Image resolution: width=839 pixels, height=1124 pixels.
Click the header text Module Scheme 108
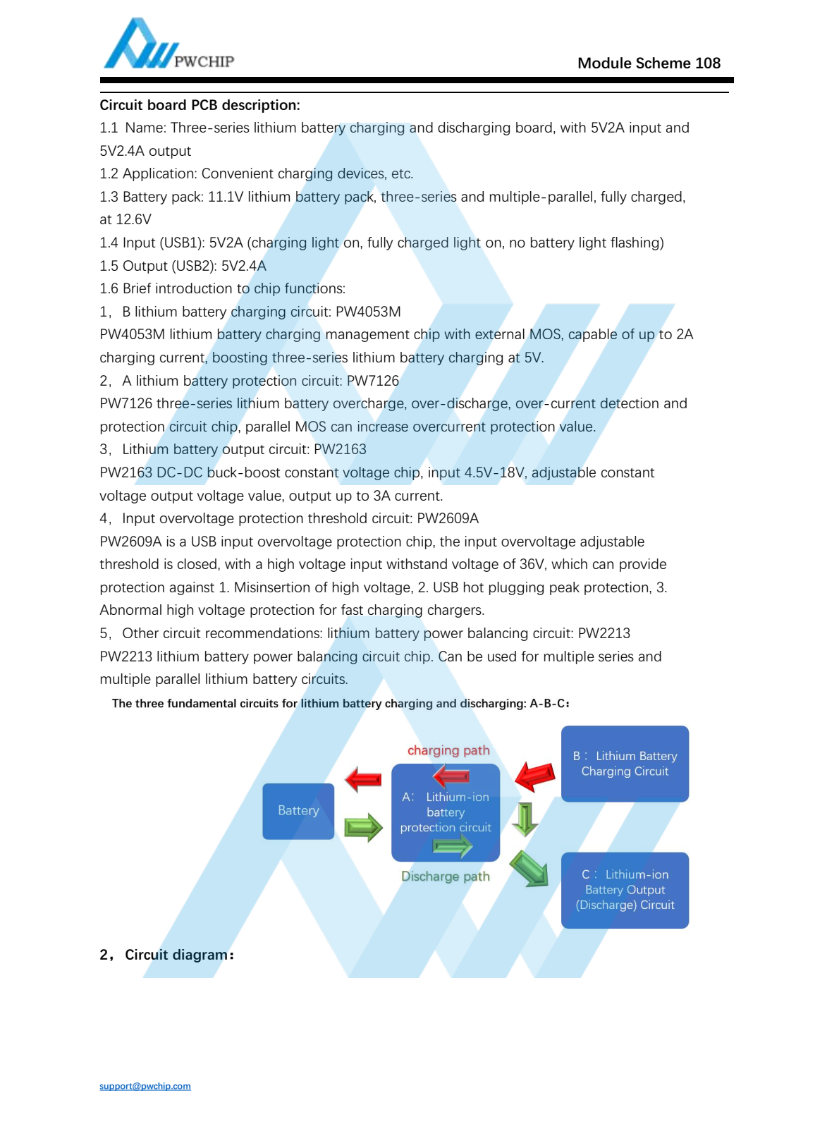649,63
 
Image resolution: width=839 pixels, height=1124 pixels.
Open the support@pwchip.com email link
145,1086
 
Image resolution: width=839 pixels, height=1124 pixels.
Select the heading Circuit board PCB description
200,105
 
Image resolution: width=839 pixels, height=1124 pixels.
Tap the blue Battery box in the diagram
298,811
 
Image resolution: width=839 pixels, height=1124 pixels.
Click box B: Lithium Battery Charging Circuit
625,764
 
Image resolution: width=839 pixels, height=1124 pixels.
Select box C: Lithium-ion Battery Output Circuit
625,890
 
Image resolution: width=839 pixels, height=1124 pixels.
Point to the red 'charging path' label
448,750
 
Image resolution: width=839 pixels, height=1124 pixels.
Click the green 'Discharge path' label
445,876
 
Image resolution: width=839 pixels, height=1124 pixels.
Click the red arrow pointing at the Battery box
363,779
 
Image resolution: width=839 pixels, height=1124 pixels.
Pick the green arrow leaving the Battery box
363,827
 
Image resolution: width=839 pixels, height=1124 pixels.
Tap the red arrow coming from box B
535,776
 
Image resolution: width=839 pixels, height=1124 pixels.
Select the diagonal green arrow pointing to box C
529,868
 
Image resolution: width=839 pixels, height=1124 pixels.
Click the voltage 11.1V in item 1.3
226,197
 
